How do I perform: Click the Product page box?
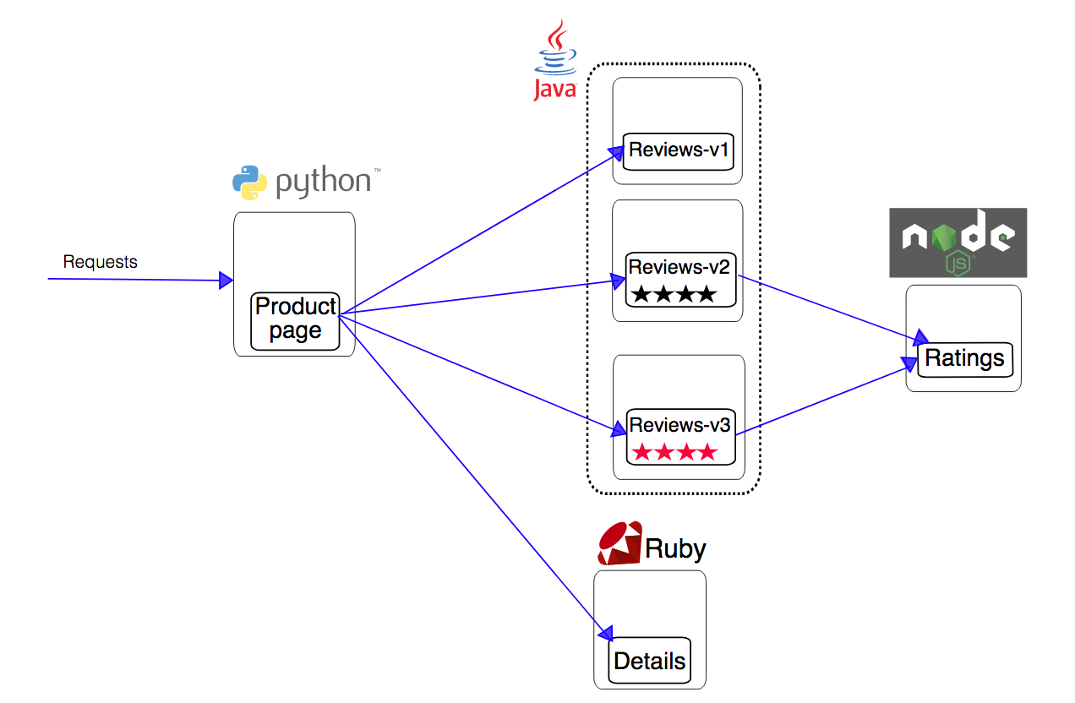[295, 320]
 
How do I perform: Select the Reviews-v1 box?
[678, 151]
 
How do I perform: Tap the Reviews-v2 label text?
[679, 267]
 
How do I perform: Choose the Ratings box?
[964, 359]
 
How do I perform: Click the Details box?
[649, 661]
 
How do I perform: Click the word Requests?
[100, 262]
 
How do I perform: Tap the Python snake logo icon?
[249, 183]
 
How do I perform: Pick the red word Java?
[554, 88]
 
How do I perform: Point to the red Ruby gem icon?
[618, 543]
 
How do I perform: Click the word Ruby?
[675, 549]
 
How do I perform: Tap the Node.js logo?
[958, 243]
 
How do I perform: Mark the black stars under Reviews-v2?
[674, 295]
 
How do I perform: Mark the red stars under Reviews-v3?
[674, 453]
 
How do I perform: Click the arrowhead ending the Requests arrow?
[226, 281]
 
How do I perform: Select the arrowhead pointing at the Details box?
[604, 633]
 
